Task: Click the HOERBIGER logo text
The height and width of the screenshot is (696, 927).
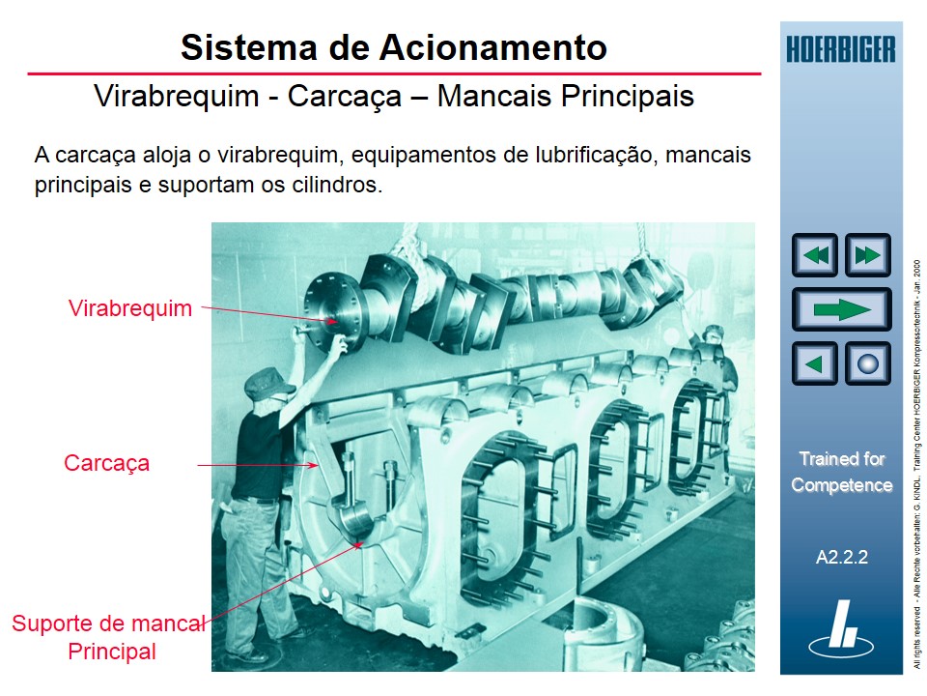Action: coord(840,48)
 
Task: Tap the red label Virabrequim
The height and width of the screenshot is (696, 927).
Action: coord(130,308)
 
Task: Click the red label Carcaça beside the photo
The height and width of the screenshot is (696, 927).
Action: coord(107,463)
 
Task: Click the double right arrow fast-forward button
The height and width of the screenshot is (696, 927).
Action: coord(867,255)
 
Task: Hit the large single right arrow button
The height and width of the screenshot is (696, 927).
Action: coord(841,309)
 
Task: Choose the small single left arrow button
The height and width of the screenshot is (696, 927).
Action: coord(815,364)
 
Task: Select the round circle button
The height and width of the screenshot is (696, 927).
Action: coord(867,364)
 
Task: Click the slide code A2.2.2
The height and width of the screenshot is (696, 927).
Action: coord(842,557)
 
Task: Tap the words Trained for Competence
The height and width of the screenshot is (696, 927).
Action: coord(842,472)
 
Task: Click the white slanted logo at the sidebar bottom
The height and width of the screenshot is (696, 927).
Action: coord(842,625)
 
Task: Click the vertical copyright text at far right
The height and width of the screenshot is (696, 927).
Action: coord(916,464)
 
